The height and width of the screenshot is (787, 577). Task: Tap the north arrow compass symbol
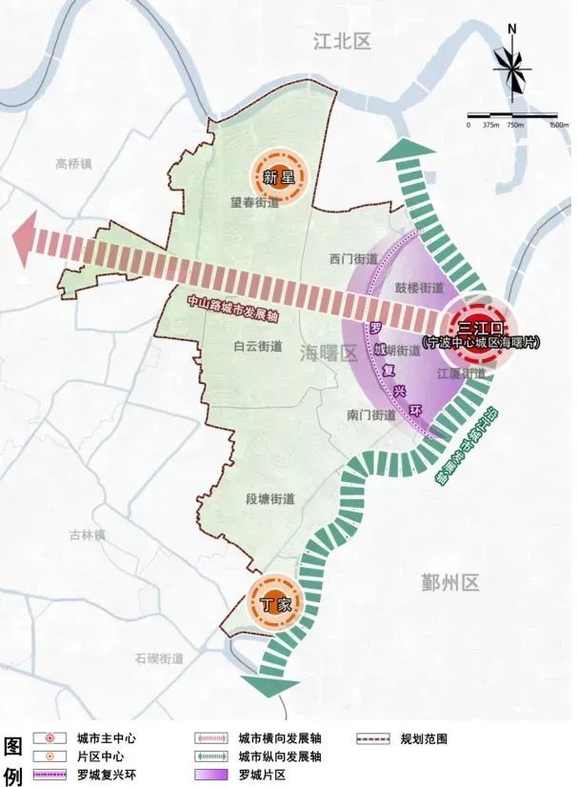point(512,71)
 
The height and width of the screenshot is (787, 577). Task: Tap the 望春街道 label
point(255,203)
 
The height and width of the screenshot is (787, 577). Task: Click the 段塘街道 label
point(270,499)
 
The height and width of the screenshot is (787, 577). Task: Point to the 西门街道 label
point(353,259)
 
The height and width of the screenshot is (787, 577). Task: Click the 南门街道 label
point(370,415)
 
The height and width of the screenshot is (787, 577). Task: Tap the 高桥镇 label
point(74,163)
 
